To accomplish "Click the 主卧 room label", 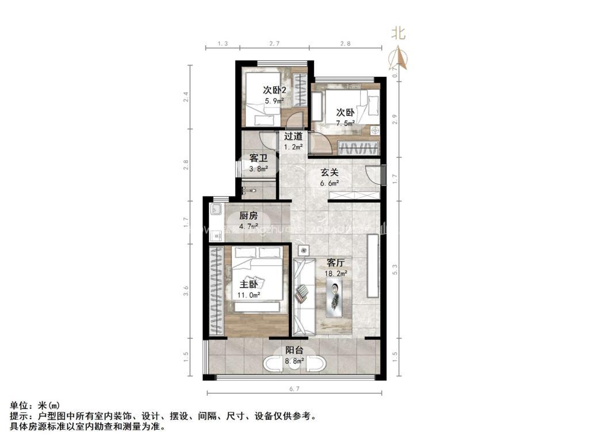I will pyautogui.click(x=248, y=284).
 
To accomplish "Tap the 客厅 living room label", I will pyautogui.click(x=335, y=262).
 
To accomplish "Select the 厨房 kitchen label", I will pyautogui.click(x=248, y=216).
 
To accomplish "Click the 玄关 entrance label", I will pyautogui.click(x=329, y=172).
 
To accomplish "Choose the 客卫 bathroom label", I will pyautogui.click(x=258, y=158).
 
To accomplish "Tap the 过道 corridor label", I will pyautogui.click(x=293, y=136).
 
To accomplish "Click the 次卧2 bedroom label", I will pyautogui.click(x=274, y=90).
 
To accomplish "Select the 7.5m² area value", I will pyautogui.click(x=346, y=123).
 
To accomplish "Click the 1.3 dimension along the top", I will pyautogui.click(x=223, y=44).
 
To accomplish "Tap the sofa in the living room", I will pyautogui.click(x=303, y=297).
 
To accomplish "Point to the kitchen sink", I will pyautogui.click(x=216, y=209).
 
